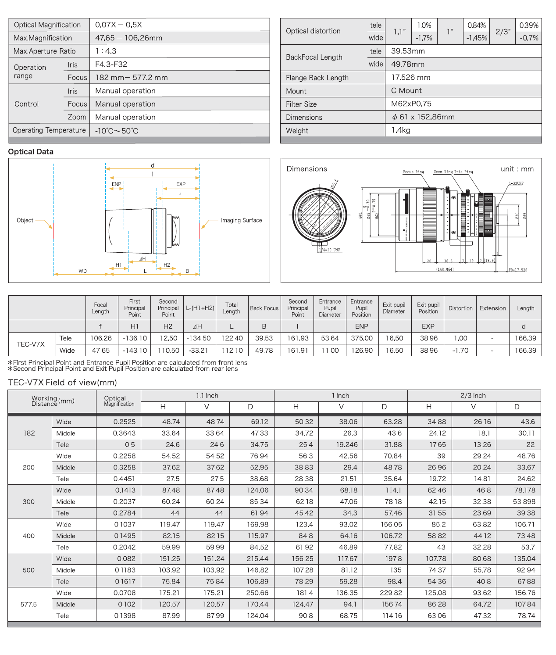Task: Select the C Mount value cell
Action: [406, 91]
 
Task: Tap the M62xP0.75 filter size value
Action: [411, 104]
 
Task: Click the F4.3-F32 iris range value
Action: [111, 64]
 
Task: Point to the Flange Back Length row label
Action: [317, 78]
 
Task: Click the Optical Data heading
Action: [31, 152]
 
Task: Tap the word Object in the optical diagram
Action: [25, 220]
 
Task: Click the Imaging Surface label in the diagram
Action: [241, 220]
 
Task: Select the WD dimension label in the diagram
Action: [82, 271]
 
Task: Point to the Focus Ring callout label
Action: [413, 172]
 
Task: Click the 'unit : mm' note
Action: [517, 169]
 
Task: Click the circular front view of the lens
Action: [320, 214]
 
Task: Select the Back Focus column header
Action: [264, 308]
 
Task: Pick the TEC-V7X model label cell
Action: [31, 344]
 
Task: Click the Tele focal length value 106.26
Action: [101, 338]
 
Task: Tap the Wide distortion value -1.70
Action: [460, 351]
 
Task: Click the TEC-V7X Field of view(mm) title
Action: [62, 383]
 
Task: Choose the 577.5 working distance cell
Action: [29, 605]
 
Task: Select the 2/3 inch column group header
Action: [473, 396]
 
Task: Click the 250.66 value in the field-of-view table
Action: [257, 593]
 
